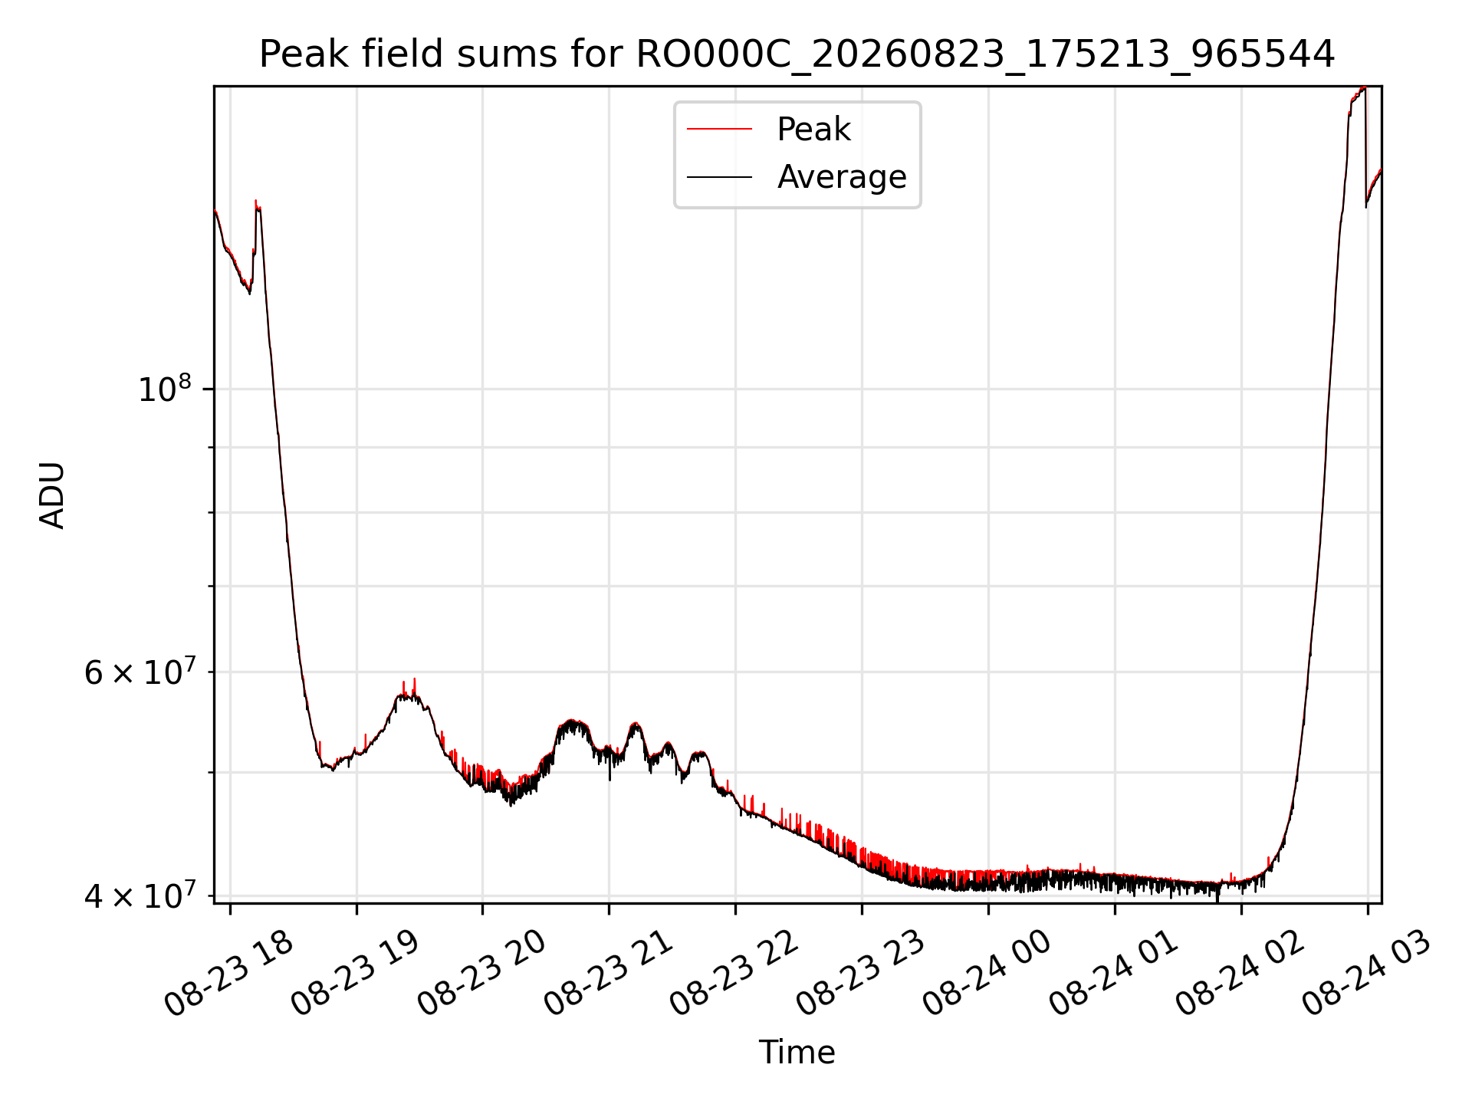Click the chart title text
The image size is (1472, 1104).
pyautogui.click(x=797, y=54)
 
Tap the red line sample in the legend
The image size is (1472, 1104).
pyautogui.click(x=719, y=129)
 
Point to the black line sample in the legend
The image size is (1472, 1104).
pyautogui.click(x=719, y=177)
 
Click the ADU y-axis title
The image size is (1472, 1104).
pyautogui.click(x=52, y=495)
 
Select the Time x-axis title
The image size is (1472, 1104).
pyautogui.click(x=797, y=1053)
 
